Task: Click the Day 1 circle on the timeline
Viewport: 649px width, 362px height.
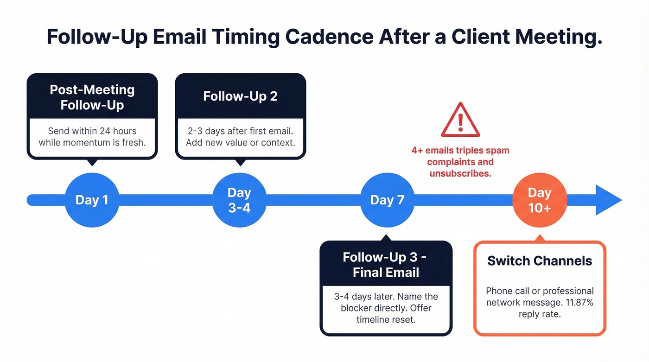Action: point(92,200)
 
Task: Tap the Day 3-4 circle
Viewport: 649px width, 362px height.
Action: point(239,200)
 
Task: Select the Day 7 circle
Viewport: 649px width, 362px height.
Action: point(387,200)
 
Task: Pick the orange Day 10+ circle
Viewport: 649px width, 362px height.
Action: point(540,200)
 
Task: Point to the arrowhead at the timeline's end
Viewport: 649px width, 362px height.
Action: point(608,200)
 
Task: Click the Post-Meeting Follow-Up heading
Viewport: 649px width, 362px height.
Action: point(92,97)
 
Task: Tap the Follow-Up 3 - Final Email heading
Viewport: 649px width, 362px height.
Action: point(386,265)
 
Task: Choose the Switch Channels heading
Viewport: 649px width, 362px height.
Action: point(540,260)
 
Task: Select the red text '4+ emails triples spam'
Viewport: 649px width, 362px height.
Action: point(460,151)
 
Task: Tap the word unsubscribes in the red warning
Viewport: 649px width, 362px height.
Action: point(459,173)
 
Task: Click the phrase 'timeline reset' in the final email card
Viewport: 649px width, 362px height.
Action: point(386,319)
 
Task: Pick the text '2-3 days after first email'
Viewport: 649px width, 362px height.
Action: point(240,131)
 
